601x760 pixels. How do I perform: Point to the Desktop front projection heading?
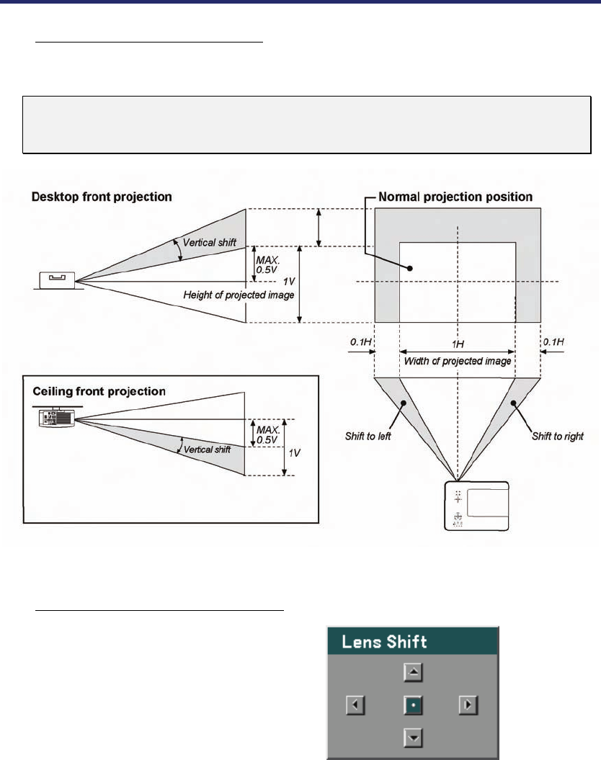click(102, 196)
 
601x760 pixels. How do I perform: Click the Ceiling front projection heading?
click(99, 391)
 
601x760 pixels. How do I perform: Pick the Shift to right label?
click(556, 437)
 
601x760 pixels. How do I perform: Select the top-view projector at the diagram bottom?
click(478, 506)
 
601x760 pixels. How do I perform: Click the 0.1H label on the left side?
click(360, 341)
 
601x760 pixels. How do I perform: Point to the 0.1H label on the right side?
click(553, 341)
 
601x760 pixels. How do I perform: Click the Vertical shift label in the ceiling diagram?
click(207, 449)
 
